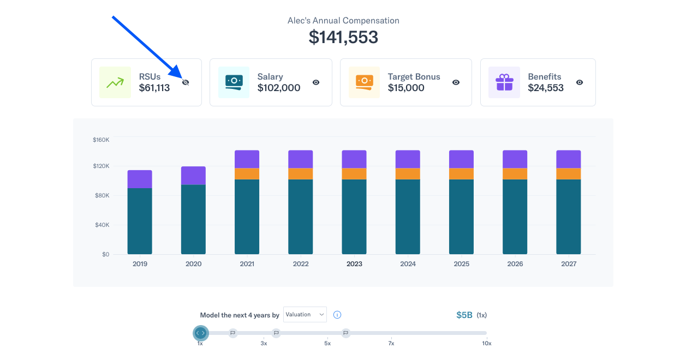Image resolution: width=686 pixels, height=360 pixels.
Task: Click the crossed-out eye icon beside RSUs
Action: click(x=186, y=82)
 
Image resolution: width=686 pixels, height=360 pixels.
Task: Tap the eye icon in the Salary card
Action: click(x=316, y=82)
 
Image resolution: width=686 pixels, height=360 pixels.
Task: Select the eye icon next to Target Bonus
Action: click(x=456, y=82)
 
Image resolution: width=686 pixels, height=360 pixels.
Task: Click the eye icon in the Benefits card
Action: click(x=580, y=82)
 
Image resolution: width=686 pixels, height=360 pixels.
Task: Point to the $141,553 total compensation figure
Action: click(x=343, y=37)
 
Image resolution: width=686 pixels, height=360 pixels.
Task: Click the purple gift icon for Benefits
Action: click(x=504, y=82)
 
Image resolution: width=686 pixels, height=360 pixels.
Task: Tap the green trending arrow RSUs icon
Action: click(x=115, y=82)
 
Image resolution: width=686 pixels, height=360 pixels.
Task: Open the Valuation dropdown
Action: click(x=305, y=314)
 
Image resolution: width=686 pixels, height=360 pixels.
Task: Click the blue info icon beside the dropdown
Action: click(x=337, y=315)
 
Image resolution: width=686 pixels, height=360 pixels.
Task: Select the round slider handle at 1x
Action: click(x=201, y=333)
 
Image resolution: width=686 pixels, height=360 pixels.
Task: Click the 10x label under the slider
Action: click(x=486, y=344)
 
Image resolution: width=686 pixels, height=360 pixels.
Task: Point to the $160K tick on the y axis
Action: click(x=101, y=140)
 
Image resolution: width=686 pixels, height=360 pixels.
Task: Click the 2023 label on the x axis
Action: click(x=354, y=264)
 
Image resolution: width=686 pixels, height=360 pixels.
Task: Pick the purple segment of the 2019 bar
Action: click(x=140, y=179)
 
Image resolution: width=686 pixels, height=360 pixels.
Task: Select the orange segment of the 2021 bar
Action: click(x=247, y=173)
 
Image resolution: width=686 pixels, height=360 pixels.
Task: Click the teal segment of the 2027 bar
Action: click(x=568, y=217)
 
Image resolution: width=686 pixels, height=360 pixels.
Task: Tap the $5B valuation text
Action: click(x=464, y=315)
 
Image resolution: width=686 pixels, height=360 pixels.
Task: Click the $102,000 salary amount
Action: click(x=279, y=88)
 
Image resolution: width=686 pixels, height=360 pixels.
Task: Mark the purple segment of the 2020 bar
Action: click(x=193, y=176)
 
